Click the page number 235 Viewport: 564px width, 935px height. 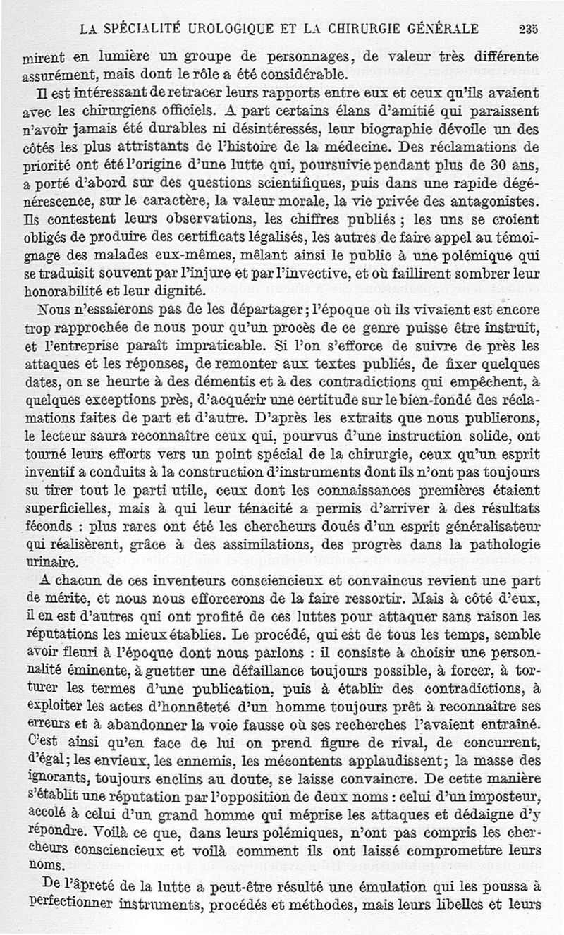pyautogui.click(x=527, y=29)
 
